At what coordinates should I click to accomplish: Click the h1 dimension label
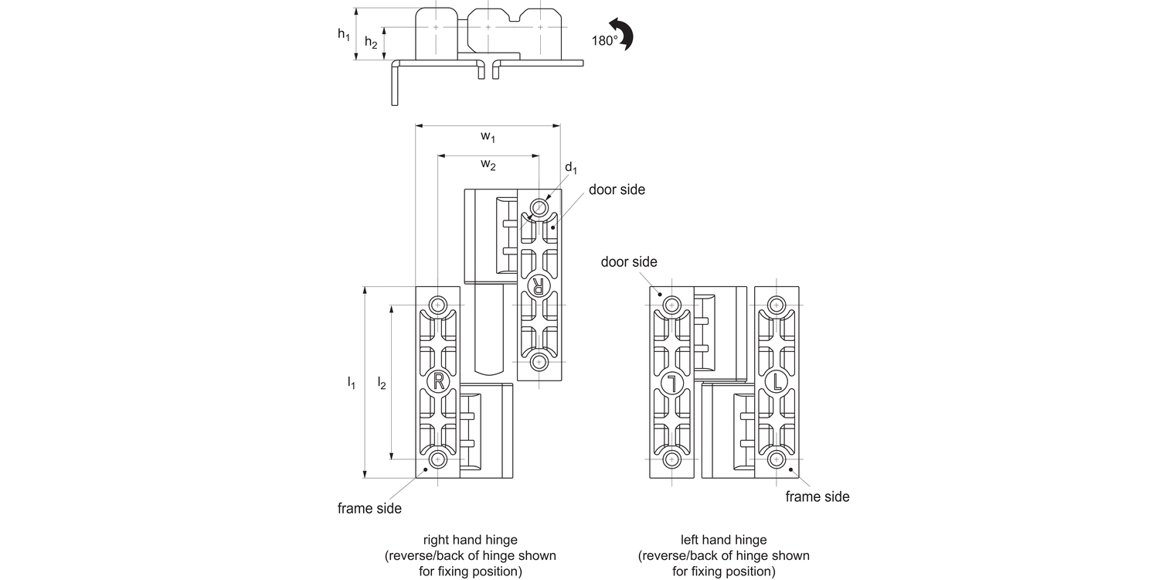[x=344, y=35]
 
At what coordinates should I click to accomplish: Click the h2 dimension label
[x=372, y=43]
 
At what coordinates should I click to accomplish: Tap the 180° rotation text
[x=605, y=41]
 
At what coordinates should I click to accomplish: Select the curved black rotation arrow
[x=624, y=35]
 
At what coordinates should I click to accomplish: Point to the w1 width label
[x=488, y=137]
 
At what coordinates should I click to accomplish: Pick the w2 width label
[x=488, y=164]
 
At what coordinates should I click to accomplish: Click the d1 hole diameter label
[x=570, y=168]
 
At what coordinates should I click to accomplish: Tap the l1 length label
[x=352, y=382]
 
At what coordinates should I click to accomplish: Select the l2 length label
[x=382, y=382]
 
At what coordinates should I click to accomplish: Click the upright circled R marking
[x=438, y=380]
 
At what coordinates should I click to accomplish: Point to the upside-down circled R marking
[x=539, y=285]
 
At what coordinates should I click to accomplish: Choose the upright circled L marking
[x=777, y=380]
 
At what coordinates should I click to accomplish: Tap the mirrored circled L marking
[x=672, y=381]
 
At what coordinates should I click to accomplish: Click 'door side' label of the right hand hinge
[x=617, y=189]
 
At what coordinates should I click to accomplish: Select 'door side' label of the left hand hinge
[x=629, y=262]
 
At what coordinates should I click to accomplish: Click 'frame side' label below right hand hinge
[x=369, y=508]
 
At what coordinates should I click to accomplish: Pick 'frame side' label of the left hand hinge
[x=817, y=496]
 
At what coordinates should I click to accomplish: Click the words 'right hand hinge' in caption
[x=470, y=540]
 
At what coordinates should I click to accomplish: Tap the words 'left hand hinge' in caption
[x=723, y=540]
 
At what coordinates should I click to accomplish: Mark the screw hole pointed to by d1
[x=539, y=206]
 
